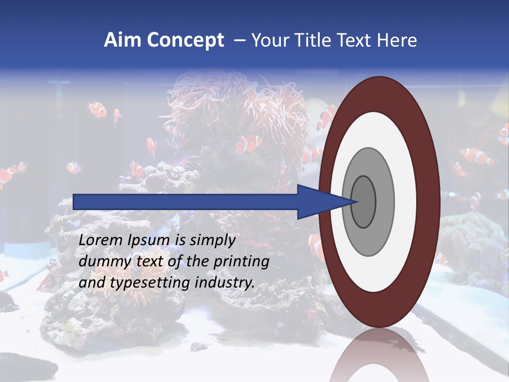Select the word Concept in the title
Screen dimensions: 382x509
[184, 40]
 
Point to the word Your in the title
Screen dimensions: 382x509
[268, 40]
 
